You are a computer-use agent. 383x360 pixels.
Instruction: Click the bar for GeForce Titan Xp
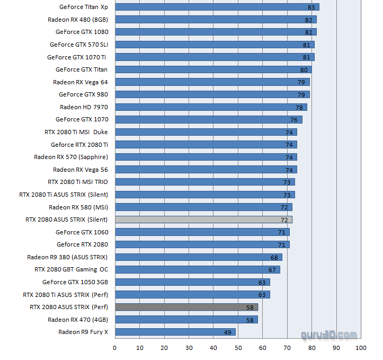[x=217, y=7]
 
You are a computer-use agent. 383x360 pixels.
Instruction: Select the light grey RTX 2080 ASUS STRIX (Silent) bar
[x=203, y=219]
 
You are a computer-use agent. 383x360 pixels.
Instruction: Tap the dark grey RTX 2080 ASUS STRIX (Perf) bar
[x=186, y=307]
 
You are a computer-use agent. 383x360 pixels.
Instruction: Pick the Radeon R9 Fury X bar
[x=175, y=332]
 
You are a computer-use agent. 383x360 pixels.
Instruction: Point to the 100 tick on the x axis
[x=361, y=348]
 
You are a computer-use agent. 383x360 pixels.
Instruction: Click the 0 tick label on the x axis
[x=115, y=348]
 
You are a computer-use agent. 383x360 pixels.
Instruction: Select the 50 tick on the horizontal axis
[x=238, y=348]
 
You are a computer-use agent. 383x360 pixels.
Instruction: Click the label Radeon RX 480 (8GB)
[x=77, y=20]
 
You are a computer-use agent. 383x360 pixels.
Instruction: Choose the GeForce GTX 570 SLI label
[x=78, y=45]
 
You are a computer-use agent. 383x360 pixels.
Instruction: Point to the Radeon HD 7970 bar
[x=211, y=107]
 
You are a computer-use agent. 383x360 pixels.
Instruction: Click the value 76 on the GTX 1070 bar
[x=294, y=120]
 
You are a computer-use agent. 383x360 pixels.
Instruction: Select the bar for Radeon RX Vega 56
[x=206, y=170]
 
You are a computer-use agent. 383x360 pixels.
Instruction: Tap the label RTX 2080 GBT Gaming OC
[x=71, y=269]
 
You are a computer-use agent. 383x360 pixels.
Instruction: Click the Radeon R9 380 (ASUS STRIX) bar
[x=198, y=257]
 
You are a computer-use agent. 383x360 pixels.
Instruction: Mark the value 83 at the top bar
[x=311, y=7]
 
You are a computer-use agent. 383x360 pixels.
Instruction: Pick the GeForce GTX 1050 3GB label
[x=75, y=282]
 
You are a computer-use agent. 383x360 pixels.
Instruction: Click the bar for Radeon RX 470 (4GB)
[x=186, y=320]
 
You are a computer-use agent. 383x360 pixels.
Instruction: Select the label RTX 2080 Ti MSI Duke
[x=76, y=132]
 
